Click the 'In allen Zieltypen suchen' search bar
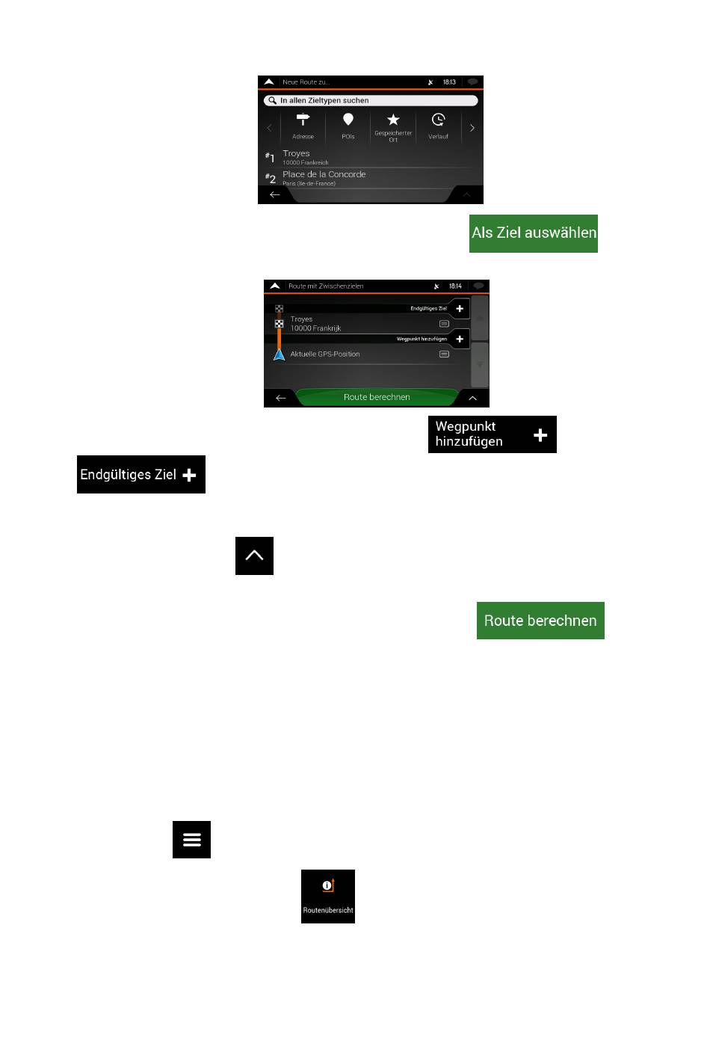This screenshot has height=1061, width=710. pyautogui.click(x=371, y=100)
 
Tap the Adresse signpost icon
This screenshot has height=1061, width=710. pyautogui.click(x=303, y=121)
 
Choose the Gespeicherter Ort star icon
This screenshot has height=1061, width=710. pyautogui.click(x=393, y=120)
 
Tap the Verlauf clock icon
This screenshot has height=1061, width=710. pyautogui.click(x=439, y=120)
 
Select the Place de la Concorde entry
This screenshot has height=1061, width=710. pyautogui.click(x=324, y=177)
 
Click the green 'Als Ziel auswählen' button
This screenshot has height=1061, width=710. pyautogui.click(x=534, y=233)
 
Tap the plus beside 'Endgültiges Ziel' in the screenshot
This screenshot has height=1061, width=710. pyautogui.click(x=460, y=308)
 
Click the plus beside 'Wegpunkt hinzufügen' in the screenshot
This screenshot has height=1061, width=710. pyautogui.click(x=460, y=339)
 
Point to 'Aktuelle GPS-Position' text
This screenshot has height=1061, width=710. pyautogui.click(x=325, y=354)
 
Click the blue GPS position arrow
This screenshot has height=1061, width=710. pyautogui.click(x=280, y=354)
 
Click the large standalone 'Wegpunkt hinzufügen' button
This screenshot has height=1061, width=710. pyautogui.click(x=492, y=434)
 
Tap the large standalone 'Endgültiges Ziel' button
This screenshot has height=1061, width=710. pyautogui.click(x=141, y=475)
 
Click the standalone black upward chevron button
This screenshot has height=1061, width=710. pyautogui.click(x=254, y=556)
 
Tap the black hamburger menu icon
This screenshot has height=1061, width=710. pyautogui.click(x=191, y=840)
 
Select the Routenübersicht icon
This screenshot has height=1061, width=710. pyautogui.click(x=328, y=896)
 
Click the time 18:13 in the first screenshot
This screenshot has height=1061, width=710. pyautogui.click(x=449, y=82)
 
